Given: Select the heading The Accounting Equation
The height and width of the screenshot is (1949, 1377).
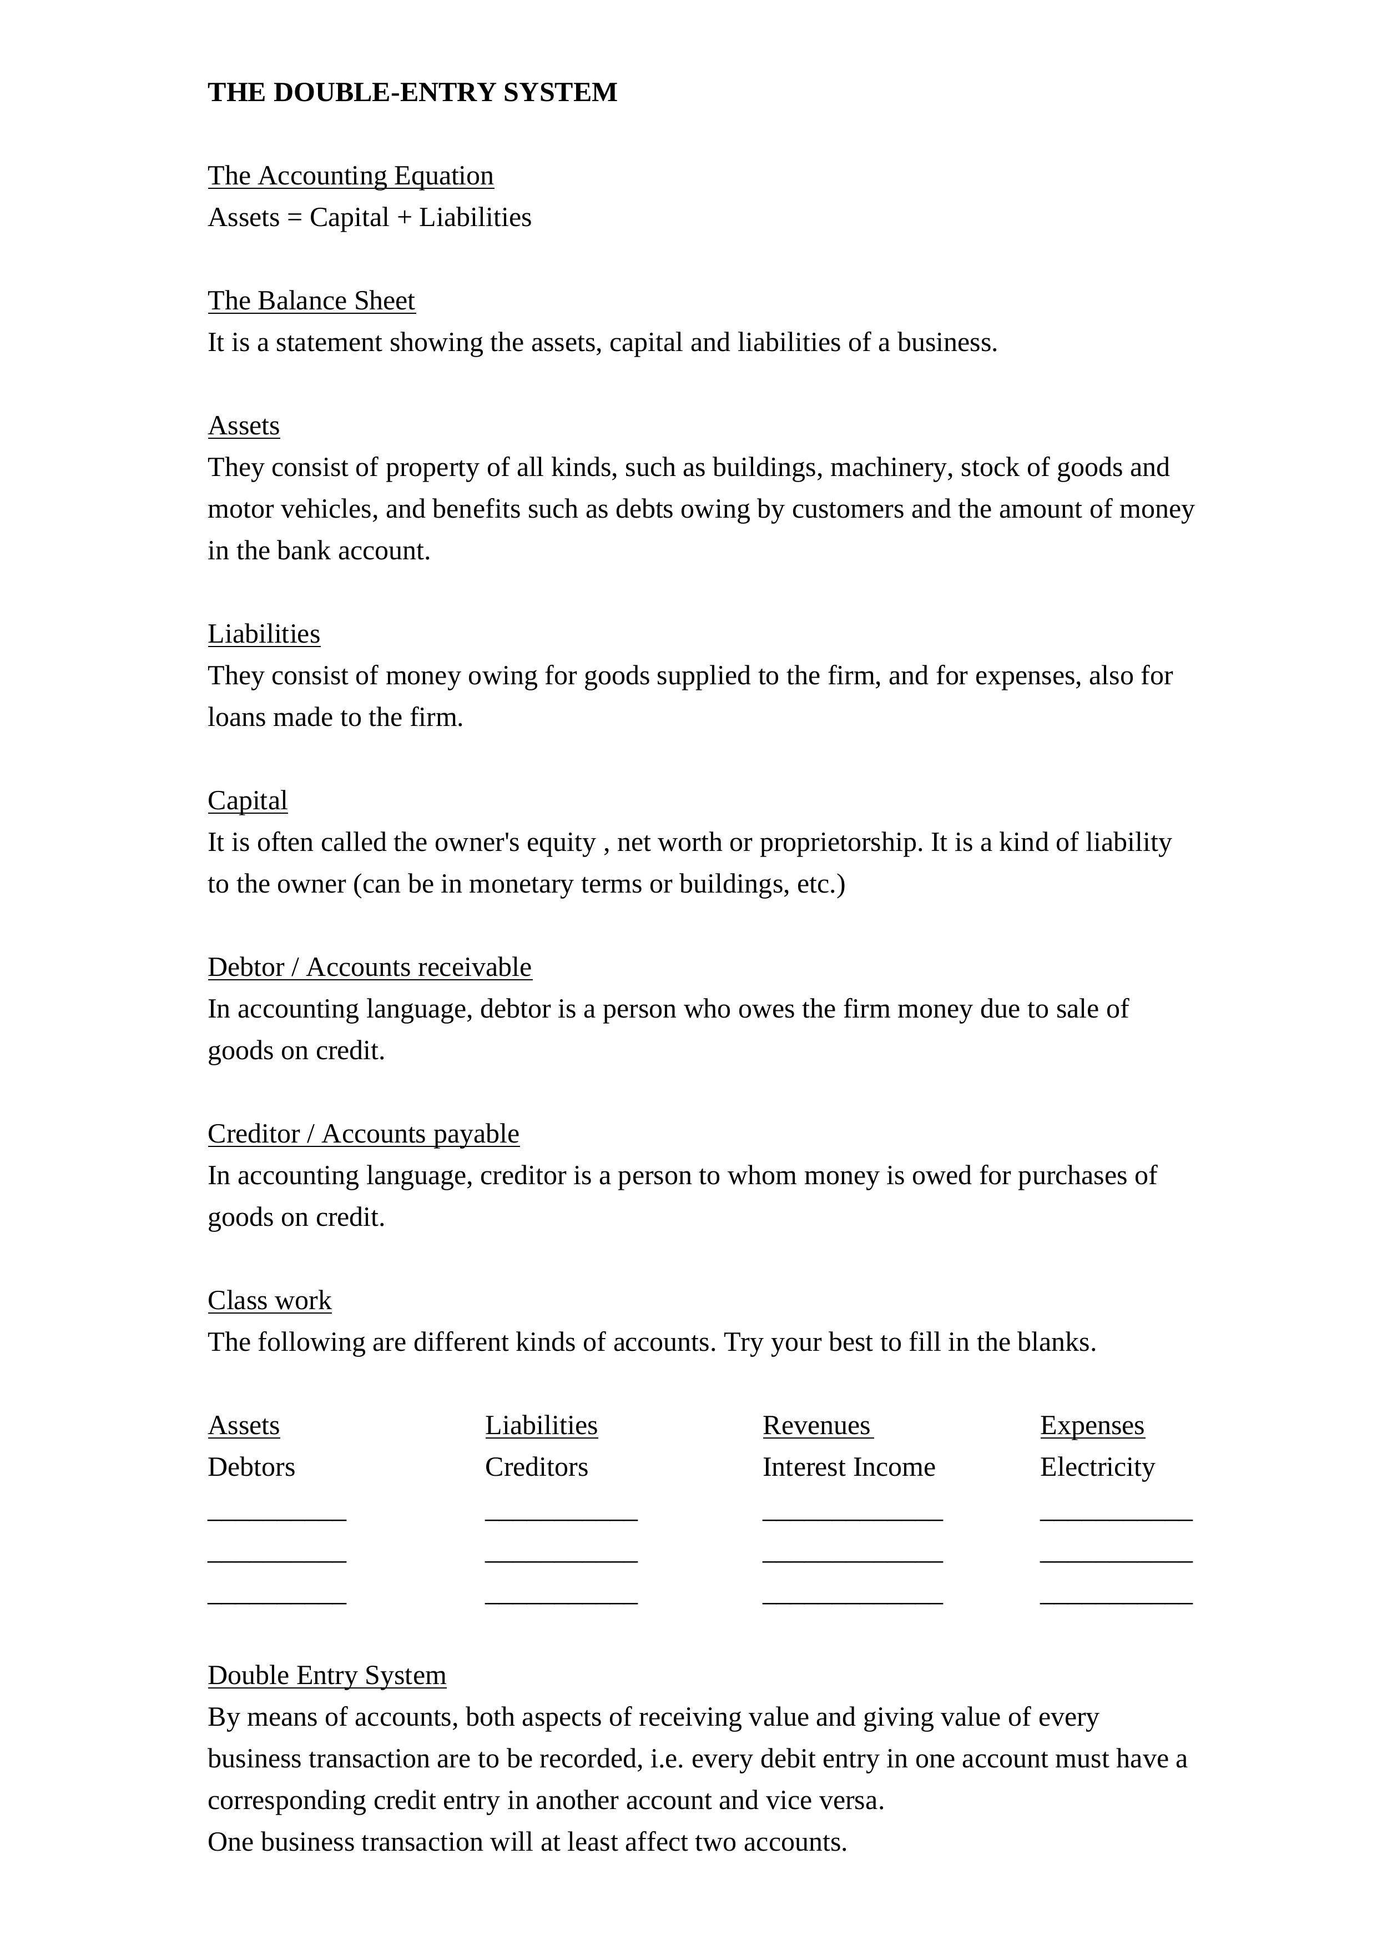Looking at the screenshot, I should point(350,176).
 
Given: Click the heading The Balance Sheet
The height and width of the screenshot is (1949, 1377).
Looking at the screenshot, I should point(311,300).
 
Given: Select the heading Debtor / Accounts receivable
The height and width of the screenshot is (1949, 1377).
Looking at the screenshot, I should point(370,967).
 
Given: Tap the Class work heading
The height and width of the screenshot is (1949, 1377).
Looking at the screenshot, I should point(269,1300).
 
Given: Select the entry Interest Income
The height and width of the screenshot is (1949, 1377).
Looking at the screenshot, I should point(849,1467).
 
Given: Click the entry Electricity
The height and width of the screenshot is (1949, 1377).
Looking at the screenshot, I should point(1097,1467).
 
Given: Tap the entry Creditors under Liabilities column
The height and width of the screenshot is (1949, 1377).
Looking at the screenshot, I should point(536,1467).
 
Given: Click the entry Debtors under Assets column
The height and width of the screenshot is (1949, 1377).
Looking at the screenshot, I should point(251,1467).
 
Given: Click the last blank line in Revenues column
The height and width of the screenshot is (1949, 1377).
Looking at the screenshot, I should point(853,1602).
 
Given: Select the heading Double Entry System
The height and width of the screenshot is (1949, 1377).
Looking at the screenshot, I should point(327,1675).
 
